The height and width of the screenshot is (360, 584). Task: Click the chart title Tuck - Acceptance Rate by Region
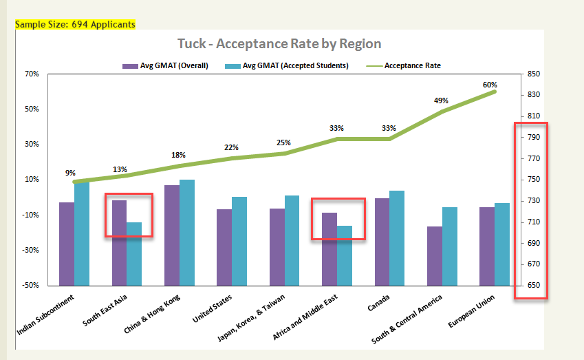tap(279, 44)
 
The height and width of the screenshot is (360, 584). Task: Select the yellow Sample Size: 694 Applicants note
tap(75, 24)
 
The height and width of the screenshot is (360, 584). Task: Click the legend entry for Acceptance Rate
tap(412, 66)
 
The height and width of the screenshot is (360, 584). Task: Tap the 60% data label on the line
tap(490, 85)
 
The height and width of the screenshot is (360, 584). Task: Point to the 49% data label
tap(441, 100)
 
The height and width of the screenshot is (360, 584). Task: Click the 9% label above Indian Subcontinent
tap(70, 173)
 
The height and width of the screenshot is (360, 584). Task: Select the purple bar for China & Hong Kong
tap(171, 235)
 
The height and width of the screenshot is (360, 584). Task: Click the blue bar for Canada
tap(397, 237)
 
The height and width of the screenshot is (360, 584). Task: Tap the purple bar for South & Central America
tap(434, 255)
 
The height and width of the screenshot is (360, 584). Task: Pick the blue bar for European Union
tap(502, 244)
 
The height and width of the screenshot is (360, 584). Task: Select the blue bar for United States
tap(239, 241)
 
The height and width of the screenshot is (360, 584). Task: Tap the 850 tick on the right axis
tap(534, 74)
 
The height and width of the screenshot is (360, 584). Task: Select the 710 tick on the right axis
tap(534, 222)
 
